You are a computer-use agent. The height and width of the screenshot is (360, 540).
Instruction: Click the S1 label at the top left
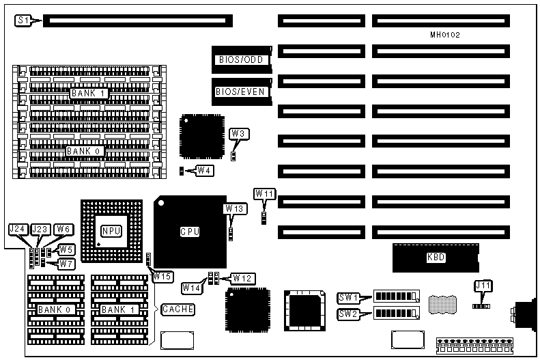(x=23, y=21)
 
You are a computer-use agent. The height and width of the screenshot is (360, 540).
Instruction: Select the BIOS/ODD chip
(x=241, y=59)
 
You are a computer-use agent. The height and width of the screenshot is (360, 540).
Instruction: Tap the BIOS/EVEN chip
(x=241, y=92)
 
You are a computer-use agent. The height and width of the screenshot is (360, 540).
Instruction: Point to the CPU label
(x=189, y=232)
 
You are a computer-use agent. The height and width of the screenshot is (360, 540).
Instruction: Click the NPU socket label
(x=111, y=230)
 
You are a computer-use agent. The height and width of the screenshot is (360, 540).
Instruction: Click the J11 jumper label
(x=483, y=286)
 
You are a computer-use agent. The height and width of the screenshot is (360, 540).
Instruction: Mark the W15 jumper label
(x=162, y=277)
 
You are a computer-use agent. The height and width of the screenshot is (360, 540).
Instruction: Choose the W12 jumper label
(x=242, y=278)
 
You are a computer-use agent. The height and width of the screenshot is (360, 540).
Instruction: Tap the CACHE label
(x=177, y=309)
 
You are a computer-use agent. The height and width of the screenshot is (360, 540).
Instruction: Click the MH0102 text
(x=445, y=34)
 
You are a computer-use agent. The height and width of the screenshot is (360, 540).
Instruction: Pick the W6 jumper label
(x=63, y=230)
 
